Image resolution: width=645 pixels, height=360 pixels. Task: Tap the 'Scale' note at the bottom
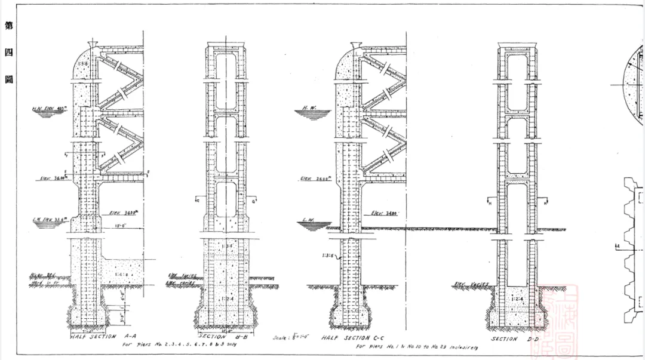tap(290, 338)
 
